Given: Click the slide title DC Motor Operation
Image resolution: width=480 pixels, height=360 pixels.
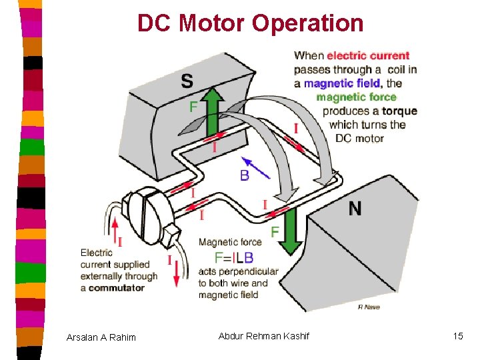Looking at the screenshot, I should (251, 24).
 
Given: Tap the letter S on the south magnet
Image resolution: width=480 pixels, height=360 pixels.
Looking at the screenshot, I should (187, 81).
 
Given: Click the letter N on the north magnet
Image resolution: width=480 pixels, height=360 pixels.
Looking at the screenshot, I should (355, 209).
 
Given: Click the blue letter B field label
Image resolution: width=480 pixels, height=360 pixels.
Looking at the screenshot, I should (245, 175).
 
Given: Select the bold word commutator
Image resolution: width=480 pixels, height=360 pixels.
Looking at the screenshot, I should (117, 288).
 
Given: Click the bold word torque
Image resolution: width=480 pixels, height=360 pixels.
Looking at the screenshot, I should (399, 111).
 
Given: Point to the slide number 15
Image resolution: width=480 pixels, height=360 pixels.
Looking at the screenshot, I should (457, 336).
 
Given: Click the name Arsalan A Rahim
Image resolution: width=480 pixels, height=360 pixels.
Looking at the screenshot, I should (101, 337).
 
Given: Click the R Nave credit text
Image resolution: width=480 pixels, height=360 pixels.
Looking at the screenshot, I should (369, 307).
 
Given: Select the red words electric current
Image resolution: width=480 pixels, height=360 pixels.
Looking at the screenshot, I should (368, 55).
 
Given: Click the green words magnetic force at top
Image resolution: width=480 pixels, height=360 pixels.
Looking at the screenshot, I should (356, 97).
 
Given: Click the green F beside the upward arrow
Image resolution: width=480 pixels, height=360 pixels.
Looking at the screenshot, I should (193, 107).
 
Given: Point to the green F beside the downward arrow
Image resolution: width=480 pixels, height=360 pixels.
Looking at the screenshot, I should (275, 232).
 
